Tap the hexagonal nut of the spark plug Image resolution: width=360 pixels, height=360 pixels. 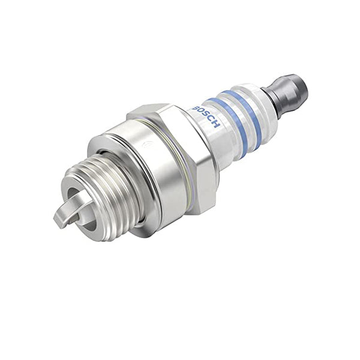click(x=180, y=150)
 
